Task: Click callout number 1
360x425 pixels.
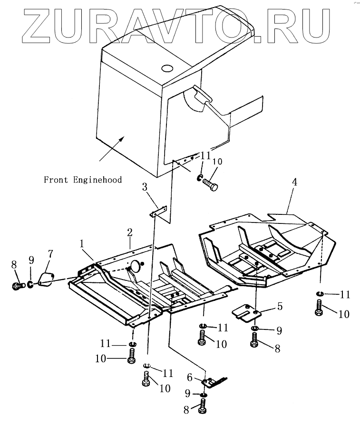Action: coord(82,243)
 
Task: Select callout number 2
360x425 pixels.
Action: coord(129,232)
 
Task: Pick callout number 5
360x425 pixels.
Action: coord(280,307)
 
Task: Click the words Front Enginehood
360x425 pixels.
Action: coord(83,180)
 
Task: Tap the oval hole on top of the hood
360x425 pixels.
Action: coord(167,68)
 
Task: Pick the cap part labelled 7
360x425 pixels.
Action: coord(46,280)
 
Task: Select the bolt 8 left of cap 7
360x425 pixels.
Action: coord(17,286)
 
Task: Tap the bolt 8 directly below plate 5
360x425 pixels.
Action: coord(254,340)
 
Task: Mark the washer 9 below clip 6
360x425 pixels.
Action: coord(204,395)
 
